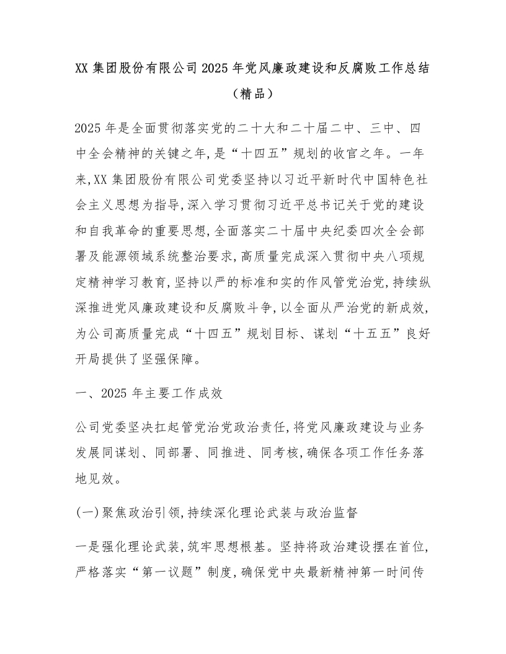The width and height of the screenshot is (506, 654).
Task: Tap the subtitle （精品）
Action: click(252, 94)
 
